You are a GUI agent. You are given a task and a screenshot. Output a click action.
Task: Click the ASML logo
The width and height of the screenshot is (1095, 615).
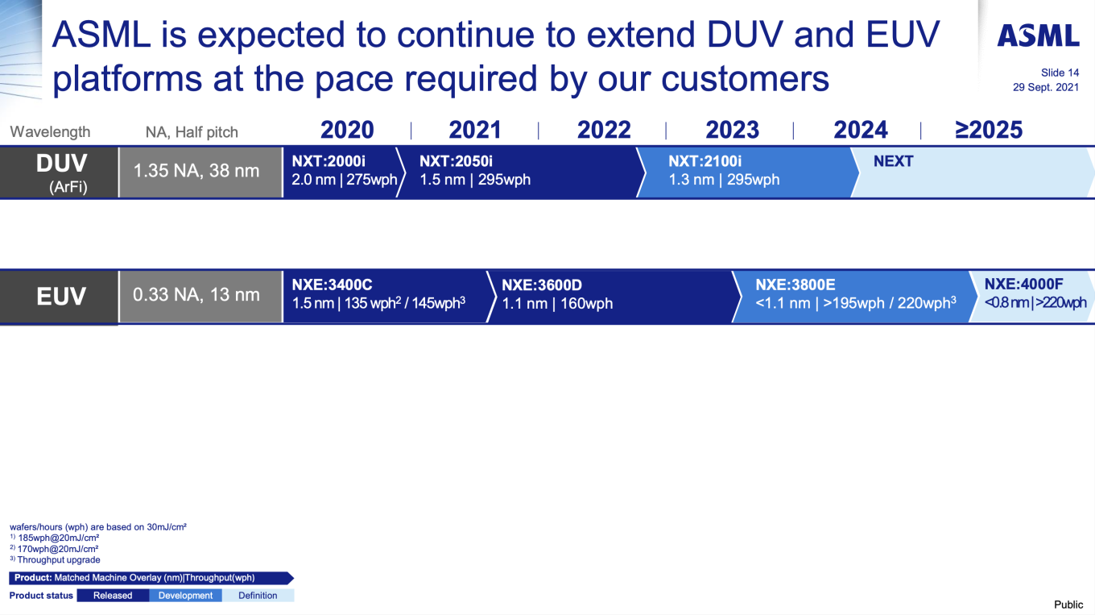(1038, 36)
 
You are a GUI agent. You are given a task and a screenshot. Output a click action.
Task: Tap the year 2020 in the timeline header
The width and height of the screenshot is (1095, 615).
(347, 130)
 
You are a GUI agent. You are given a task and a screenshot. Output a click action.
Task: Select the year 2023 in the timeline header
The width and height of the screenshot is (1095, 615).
(732, 130)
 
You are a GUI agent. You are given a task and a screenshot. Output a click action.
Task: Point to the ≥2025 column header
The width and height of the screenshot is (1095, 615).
(989, 130)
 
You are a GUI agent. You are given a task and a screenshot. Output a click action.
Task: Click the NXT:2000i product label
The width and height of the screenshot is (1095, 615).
(328, 161)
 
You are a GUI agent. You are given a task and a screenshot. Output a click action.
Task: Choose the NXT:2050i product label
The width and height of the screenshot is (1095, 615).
(457, 161)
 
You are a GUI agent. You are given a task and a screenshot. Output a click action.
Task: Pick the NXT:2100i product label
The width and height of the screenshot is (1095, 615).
(705, 161)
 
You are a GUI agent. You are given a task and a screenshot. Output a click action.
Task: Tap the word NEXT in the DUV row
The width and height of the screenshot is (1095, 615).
(893, 161)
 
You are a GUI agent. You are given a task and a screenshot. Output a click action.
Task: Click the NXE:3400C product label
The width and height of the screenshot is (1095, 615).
(332, 285)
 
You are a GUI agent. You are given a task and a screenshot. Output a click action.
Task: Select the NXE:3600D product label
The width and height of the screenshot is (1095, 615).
(542, 285)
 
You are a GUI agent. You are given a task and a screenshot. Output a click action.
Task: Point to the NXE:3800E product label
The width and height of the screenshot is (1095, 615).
(795, 285)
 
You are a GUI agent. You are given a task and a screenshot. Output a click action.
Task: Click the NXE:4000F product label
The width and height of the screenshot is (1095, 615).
(1024, 284)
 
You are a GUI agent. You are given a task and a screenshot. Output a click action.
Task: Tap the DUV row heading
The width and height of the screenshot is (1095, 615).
(61, 164)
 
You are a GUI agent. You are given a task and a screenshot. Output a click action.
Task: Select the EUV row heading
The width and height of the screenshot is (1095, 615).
(61, 297)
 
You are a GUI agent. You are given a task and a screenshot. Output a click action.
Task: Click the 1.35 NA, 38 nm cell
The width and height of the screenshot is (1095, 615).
(196, 171)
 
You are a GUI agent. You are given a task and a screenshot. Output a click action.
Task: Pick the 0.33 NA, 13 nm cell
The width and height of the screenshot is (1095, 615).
(196, 295)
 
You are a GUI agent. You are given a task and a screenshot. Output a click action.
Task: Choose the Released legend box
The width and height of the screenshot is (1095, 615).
(113, 596)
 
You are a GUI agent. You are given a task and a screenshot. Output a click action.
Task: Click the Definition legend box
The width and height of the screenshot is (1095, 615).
(258, 596)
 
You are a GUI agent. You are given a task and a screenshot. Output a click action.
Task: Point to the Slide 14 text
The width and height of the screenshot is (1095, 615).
(1060, 73)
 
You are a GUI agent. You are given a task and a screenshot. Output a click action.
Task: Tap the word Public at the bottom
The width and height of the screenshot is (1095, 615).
(1068, 605)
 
